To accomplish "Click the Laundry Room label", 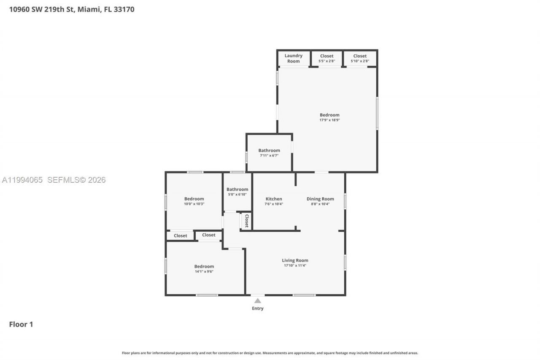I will pos(293,58).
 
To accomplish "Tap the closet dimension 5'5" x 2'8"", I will pos(327,61).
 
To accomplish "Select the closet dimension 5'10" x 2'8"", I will pos(360,61).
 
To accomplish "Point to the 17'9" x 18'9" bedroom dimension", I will pos(329,120).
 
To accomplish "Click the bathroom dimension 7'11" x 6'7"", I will pos(269,156).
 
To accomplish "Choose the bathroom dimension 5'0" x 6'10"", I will pos(237,195).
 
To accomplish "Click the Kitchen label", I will pos(274,199).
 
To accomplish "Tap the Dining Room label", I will pos(320,199).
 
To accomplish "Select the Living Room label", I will pos(295,260).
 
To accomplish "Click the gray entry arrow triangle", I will pos(257,300).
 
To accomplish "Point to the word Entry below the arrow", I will pos(257,309).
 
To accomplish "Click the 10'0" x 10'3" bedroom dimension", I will pos(194,204).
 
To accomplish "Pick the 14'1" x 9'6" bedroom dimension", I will pos(204,271).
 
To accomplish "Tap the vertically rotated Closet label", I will pos(247,221).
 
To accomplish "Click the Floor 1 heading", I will pos(21,324).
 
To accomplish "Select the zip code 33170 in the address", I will pos(124,9).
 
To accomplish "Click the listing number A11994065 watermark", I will pos(22,180).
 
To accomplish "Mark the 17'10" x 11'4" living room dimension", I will pos(295,265).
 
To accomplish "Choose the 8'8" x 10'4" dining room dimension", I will pos(320,204).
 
